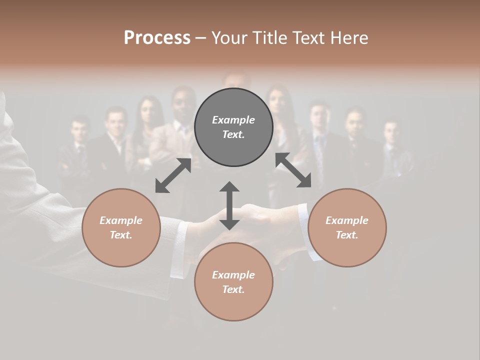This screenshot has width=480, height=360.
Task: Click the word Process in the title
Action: pyautogui.click(x=157, y=38)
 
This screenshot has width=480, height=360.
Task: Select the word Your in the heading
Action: pyautogui.click(x=228, y=38)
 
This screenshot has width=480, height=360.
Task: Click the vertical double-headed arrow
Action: pyautogui.click(x=229, y=205)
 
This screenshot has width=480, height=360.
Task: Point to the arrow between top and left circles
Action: pyautogui.click(x=173, y=175)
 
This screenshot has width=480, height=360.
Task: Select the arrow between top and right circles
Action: pyautogui.click(x=293, y=170)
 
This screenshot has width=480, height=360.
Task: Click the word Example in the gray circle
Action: pyautogui.click(x=233, y=120)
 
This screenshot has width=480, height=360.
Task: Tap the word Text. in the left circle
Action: pyautogui.click(x=121, y=235)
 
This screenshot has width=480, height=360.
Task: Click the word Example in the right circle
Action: pyautogui.click(x=347, y=220)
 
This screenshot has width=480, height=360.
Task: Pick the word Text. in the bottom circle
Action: pyautogui.click(x=233, y=289)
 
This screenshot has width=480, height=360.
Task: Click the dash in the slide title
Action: pyautogui.click(x=200, y=38)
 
